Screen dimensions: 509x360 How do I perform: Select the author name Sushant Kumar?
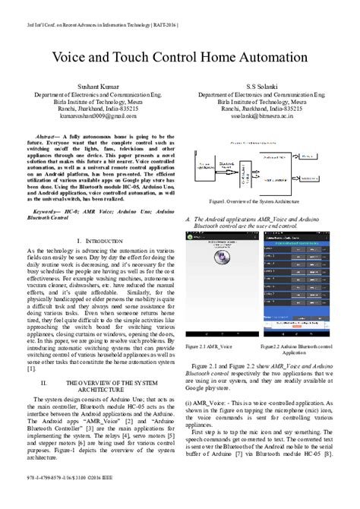coord(98,89)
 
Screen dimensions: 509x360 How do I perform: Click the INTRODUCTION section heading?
coord(103,240)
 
